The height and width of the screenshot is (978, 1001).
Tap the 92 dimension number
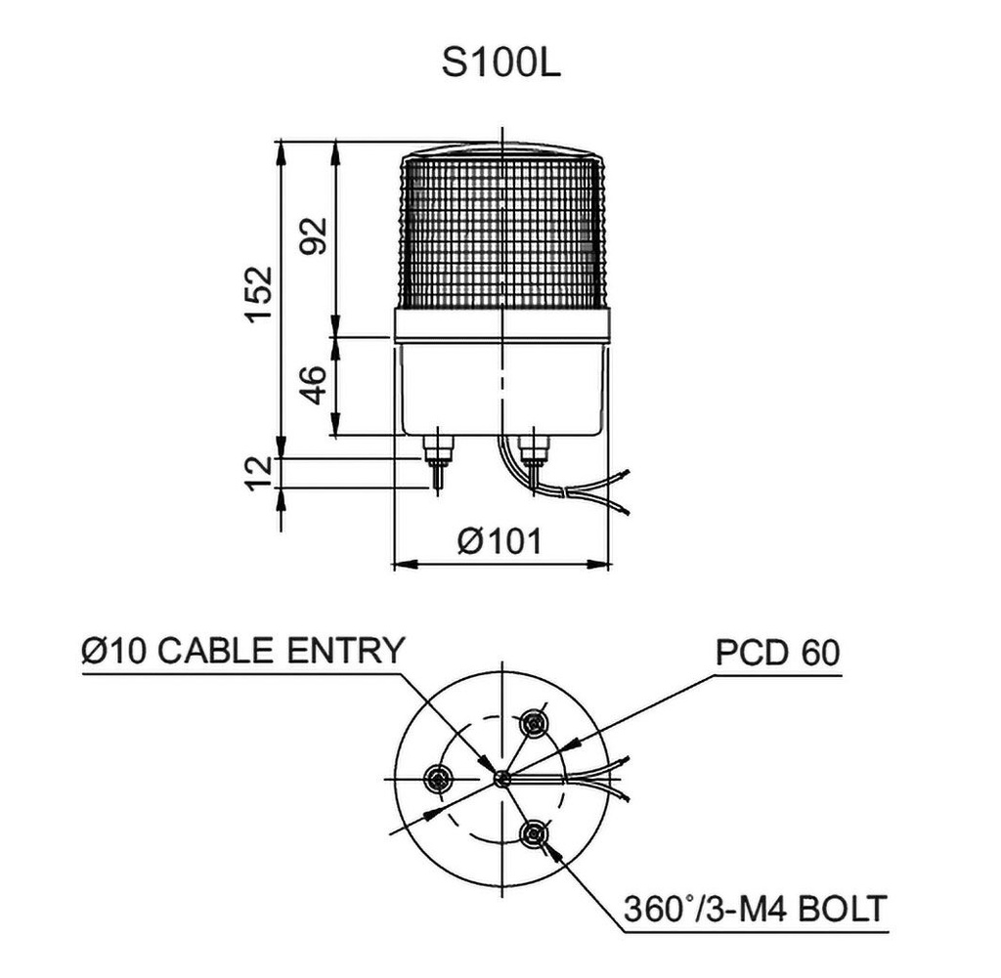pyautogui.click(x=313, y=234)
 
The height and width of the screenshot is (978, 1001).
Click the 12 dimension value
pyautogui.click(x=258, y=473)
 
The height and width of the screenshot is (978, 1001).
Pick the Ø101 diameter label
pyautogui.click(x=499, y=540)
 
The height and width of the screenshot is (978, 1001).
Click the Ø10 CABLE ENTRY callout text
pyautogui.click(x=242, y=651)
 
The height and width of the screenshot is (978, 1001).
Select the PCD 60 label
pyautogui.click(x=777, y=653)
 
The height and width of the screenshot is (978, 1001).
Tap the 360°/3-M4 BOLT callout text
pyautogui.click(x=755, y=909)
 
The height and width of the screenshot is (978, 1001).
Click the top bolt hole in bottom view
pyautogui.click(x=533, y=724)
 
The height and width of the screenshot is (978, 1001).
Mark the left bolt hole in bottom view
pyautogui.click(x=438, y=779)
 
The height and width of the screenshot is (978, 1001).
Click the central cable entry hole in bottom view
pyautogui.click(x=501, y=779)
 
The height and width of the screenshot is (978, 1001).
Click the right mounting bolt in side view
pyautogui.click(x=534, y=454)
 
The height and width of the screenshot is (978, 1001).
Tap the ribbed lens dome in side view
pyautogui.click(x=501, y=230)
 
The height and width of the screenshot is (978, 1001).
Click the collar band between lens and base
pyautogui.click(x=501, y=324)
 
